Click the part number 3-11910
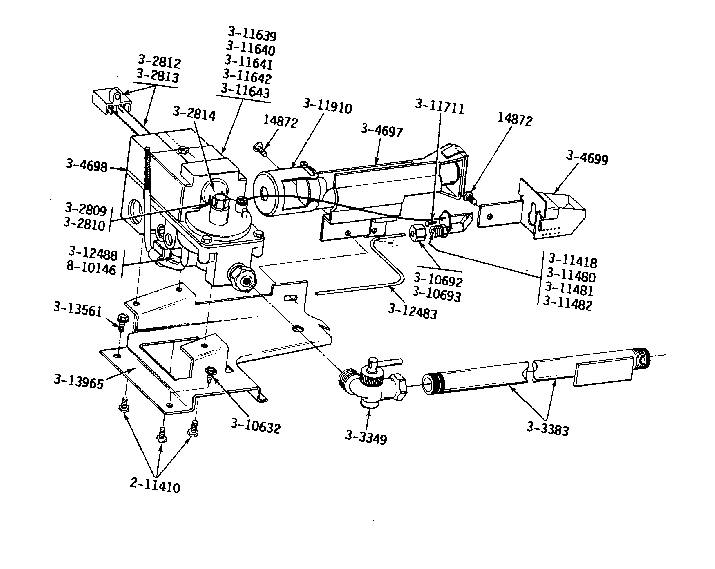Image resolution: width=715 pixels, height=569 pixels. click(x=327, y=107)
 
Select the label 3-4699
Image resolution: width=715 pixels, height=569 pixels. click(x=587, y=158)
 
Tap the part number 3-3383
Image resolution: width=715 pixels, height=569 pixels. click(x=547, y=429)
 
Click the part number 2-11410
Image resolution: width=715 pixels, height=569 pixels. click(x=155, y=486)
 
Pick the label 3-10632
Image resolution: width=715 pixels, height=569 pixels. click(x=255, y=427)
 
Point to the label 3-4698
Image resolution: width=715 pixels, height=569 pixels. click(x=86, y=165)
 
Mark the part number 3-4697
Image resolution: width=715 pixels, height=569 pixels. click(x=381, y=131)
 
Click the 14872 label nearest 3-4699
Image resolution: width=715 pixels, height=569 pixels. click(x=515, y=120)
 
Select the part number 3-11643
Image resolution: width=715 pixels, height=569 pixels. click(x=245, y=91)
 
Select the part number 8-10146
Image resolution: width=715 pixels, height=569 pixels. click(x=91, y=269)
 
